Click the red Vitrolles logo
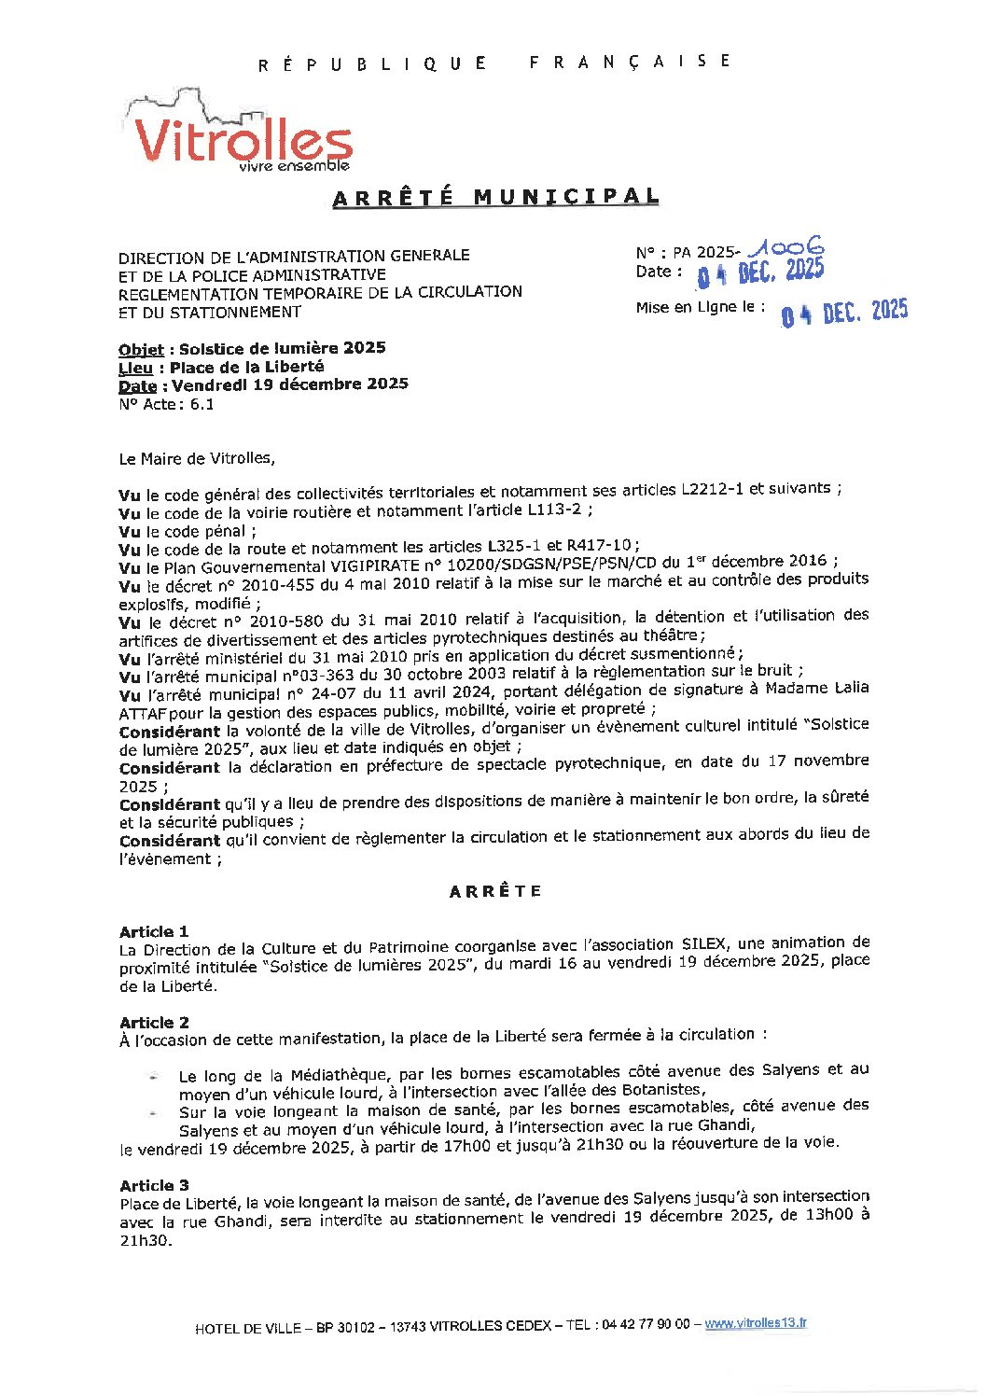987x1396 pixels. [241, 138]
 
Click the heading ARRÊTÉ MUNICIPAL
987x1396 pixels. [495, 198]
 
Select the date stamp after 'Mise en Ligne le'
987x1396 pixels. [844, 313]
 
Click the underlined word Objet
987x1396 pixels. [141, 350]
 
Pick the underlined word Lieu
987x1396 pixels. [135, 368]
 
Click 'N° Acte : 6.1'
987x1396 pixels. [166, 405]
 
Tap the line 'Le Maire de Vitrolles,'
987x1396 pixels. [197, 459]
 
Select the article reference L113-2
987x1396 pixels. [556, 510]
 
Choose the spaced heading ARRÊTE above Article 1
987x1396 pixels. [495, 891]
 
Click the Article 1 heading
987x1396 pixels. [154, 931]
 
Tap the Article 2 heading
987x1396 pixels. [154, 1022]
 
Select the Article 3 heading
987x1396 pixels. [154, 1185]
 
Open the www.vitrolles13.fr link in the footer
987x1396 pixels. [756, 1323]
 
